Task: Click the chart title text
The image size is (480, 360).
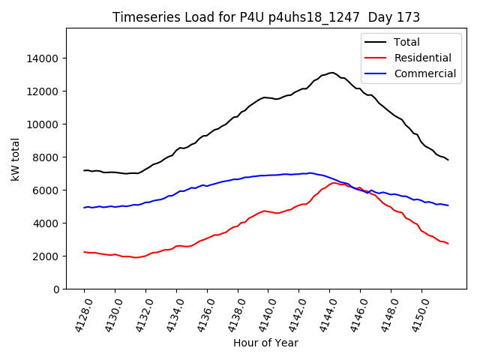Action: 266,17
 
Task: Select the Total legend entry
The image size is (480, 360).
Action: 406,42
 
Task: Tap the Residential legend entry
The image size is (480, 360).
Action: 422,58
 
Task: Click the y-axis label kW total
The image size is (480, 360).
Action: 16,159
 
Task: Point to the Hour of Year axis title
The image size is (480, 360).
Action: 265,343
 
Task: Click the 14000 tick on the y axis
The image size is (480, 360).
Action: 43,58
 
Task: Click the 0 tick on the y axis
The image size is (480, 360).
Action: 56,289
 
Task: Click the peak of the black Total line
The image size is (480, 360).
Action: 331,73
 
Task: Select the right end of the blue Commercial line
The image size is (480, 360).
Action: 448,205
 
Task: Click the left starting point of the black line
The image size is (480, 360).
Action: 84,170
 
